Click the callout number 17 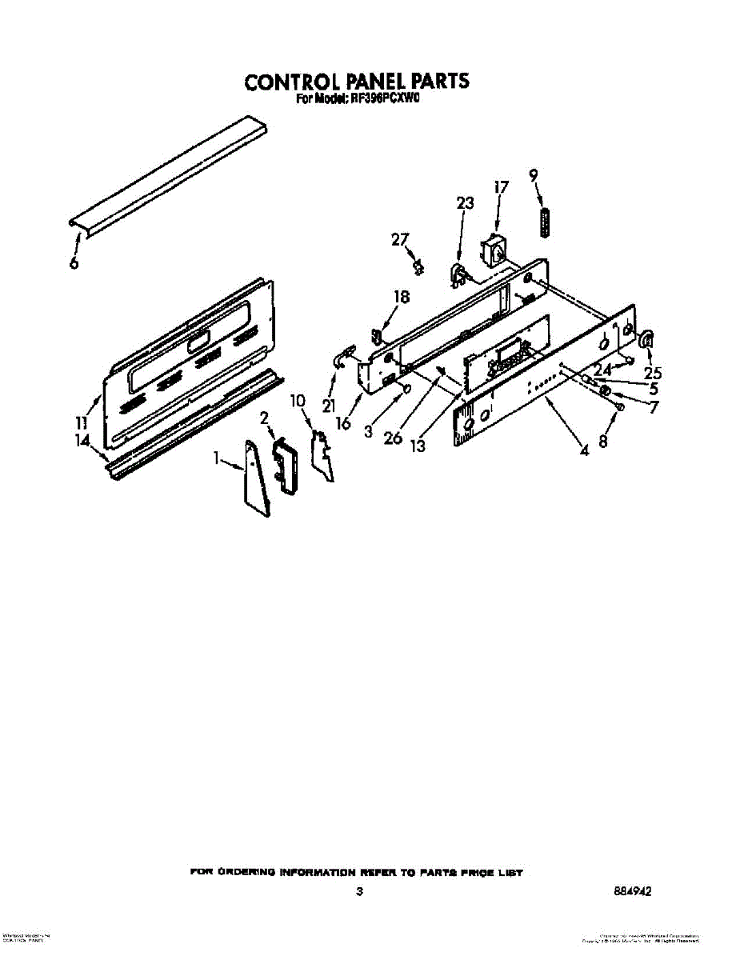coord(501,188)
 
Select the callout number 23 coord(465,204)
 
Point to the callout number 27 coord(399,238)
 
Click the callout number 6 coord(74,262)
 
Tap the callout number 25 coord(653,372)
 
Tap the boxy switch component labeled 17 coord(493,250)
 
